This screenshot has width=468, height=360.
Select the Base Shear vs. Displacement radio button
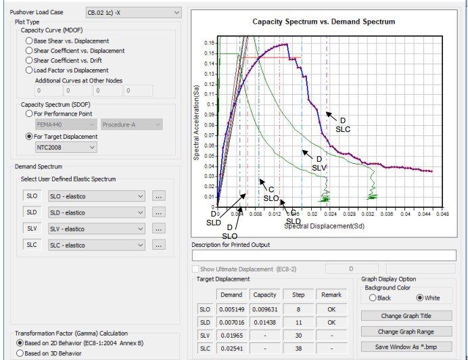[29, 41]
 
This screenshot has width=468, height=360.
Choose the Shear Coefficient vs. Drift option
[29, 60]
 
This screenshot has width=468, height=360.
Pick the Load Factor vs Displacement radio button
[29, 70]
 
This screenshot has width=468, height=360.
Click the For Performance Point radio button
[29, 114]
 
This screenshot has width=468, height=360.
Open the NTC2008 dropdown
[66, 147]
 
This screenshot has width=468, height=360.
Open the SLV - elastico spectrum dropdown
[97, 229]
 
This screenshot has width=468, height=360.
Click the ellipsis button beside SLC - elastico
[159, 245]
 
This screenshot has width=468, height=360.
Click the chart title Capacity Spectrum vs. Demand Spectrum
[323, 22]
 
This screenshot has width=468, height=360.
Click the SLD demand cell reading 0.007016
[231, 322]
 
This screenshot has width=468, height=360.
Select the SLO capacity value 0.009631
[264, 309]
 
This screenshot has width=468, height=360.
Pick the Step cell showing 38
[298, 348]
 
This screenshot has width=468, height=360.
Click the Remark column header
[331, 295]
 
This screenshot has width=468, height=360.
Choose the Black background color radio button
[373, 298]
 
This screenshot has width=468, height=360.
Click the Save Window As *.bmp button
[407, 346]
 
